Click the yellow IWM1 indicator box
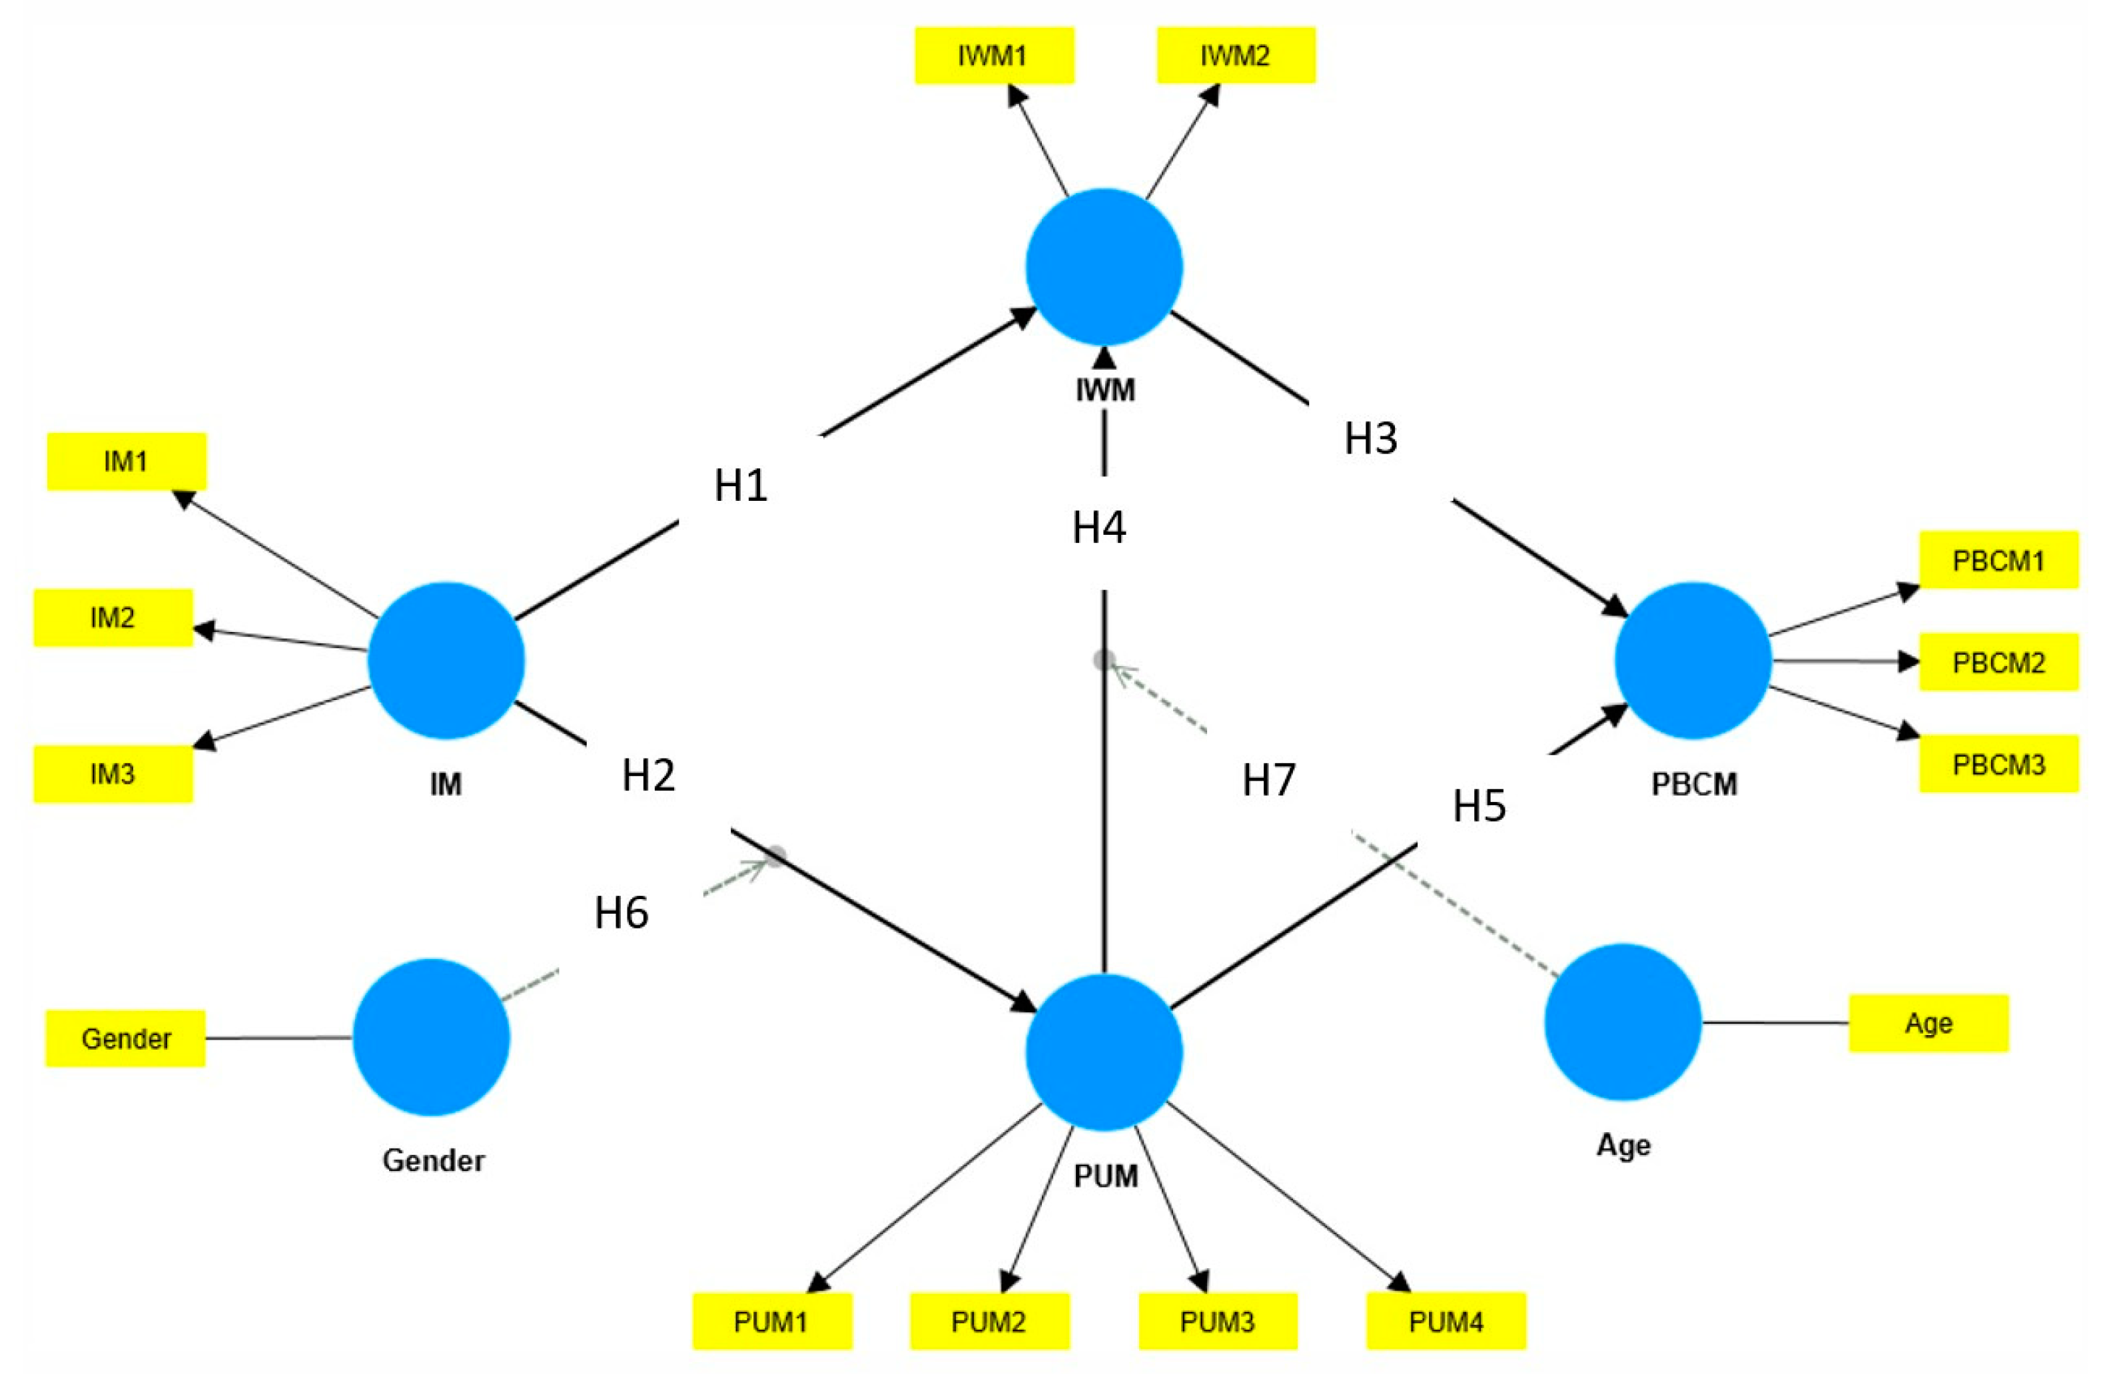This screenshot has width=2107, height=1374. [x=993, y=56]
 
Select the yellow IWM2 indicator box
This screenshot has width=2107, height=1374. [x=1236, y=56]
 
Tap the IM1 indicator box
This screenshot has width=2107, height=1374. [x=127, y=462]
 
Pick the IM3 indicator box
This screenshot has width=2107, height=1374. [x=113, y=774]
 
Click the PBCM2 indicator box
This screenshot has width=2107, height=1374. [x=1998, y=662]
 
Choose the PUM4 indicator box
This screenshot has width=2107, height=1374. [x=1446, y=1322]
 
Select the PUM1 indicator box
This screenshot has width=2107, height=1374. [x=771, y=1322]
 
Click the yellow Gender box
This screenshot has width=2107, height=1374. [x=126, y=1038]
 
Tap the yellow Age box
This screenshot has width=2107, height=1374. [x=1928, y=1024]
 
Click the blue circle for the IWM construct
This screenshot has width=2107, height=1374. [x=1104, y=266]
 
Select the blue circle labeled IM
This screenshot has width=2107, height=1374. [x=446, y=661]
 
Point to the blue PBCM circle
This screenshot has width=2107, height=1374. [x=1693, y=661]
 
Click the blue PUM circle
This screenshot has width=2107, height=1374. [x=1104, y=1052]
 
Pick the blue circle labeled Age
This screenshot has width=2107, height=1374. [x=1623, y=1022]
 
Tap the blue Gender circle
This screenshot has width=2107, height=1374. [x=431, y=1037]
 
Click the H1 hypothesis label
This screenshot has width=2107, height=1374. [x=740, y=485]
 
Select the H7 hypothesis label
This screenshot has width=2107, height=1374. [x=1268, y=780]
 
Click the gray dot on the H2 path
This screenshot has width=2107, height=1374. [x=775, y=856]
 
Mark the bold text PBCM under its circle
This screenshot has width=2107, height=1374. [x=1693, y=785]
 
